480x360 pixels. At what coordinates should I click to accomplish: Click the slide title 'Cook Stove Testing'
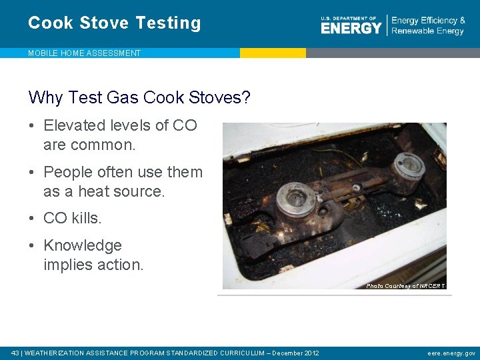coord(114,23)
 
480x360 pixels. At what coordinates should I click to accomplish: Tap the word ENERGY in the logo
coord(351,28)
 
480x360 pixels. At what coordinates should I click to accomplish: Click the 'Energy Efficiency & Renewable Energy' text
coord(428,26)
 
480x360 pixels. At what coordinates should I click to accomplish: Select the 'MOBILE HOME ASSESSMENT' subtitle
coord(84,53)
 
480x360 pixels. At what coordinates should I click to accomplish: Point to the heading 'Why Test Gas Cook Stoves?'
coord(139,98)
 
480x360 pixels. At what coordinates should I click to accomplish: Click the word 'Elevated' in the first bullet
coord(75,125)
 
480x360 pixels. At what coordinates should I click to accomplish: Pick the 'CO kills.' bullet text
coord(73,218)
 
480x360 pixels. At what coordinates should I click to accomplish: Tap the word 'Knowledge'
coord(83,245)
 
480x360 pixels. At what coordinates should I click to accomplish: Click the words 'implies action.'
coord(93,265)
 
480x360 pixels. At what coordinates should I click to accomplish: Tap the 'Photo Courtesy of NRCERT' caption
coord(405,286)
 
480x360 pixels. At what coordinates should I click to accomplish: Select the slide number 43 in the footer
coord(16,353)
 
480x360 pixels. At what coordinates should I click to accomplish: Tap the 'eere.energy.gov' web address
coord(451,353)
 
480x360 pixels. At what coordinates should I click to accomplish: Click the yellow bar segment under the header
coord(273,53)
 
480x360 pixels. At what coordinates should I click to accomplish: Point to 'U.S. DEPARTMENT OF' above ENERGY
coord(349,19)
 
